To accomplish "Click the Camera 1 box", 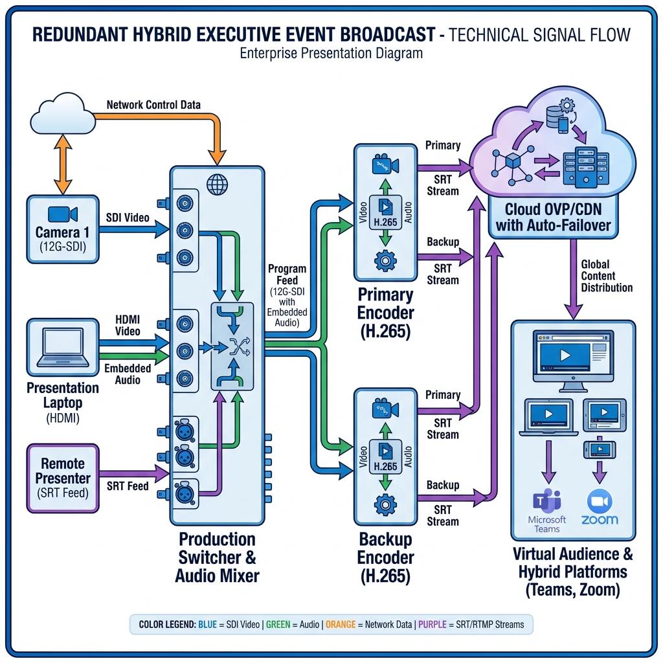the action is click(63, 229).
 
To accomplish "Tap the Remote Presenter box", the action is click(63, 478).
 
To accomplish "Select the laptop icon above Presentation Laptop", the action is click(63, 348).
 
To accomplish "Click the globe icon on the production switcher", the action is click(218, 185).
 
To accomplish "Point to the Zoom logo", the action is click(600, 507).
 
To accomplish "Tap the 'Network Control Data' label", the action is click(153, 105).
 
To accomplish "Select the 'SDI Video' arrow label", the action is click(128, 218).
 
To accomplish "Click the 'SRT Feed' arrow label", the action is click(128, 486).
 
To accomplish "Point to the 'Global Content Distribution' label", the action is click(607, 276).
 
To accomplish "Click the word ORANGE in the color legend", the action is click(341, 625).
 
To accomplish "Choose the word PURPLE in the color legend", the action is click(433, 625).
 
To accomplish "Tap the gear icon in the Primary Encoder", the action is click(385, 260).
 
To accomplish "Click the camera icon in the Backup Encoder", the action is click(385, 409).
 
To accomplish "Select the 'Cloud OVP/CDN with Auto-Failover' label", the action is click(554, 218).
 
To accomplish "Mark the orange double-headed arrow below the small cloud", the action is click(63, 164).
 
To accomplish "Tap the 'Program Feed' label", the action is click(287, 275).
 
